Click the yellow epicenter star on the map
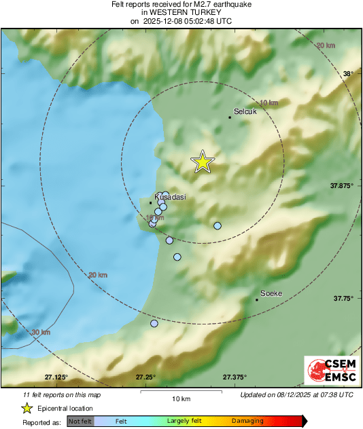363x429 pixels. coord(202,162)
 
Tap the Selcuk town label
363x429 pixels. coord(245,111)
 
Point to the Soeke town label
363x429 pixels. coord(271,293)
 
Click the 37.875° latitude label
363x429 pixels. coord(341,185)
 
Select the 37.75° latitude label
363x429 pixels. coord(343,298)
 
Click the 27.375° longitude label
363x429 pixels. coord(235,377)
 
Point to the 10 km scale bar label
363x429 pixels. coord(180,398)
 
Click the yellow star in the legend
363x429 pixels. coord(27,408)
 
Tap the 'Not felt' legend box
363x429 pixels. coord(80,422)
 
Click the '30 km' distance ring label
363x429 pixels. coord(41,333)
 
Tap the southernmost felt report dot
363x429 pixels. coord(154,324)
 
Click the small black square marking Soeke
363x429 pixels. coord(256,299)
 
